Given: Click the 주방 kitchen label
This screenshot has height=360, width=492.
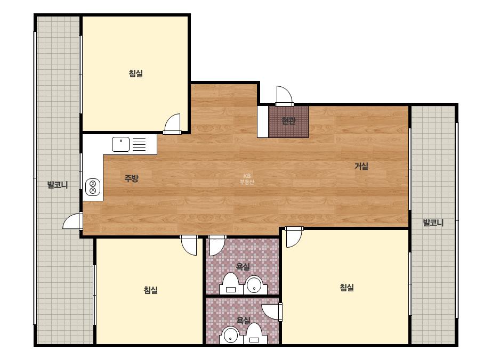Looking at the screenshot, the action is (x=131, y=178).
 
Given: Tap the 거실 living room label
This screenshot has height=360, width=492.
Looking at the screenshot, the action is (x=361, y=166).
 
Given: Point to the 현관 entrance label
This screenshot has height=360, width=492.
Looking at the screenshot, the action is (x=288, y=121).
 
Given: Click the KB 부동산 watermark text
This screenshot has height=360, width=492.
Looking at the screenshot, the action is (x=247, y=179).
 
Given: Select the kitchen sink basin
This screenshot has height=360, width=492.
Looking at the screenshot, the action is (x=121, y=144).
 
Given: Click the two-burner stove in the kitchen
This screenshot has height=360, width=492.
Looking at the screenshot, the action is (x=93, y=187).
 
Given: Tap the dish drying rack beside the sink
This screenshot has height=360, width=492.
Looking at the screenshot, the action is (x=139, y=144).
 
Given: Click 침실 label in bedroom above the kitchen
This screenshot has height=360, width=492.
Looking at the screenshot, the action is (x=135, y=73).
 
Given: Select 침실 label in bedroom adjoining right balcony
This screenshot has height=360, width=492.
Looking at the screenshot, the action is (x=346, y=287).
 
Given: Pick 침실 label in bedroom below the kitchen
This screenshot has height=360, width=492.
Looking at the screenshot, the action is (x=151, y=290).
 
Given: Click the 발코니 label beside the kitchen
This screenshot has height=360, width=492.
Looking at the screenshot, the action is (x=58, y=185).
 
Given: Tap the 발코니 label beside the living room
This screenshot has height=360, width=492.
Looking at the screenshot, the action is (x=433, y=223).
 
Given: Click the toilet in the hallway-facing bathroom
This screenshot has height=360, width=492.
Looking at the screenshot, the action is (x=231, y=283).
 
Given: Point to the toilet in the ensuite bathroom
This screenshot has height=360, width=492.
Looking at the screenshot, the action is (x=254, y=334).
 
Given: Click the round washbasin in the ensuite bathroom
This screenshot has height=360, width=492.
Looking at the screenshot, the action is (x=231, y=336).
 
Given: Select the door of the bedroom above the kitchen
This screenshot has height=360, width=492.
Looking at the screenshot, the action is (x=173, y=124).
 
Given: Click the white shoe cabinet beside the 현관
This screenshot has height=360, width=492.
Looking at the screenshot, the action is (x=263, y=121).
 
